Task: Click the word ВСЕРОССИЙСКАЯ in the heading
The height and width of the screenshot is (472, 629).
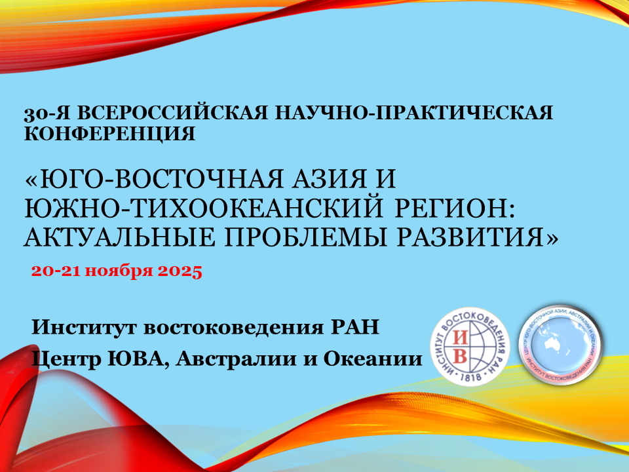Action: pyautogui.click(x=172, y=113)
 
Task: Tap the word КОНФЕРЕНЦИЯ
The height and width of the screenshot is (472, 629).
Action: pyautogui.click(x=110, y=133)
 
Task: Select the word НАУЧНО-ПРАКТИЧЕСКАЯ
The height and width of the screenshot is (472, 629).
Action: pyautogui.click(x=413, y=113)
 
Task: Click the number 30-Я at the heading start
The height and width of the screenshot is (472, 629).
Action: pyautogui.click(x=47, y=113)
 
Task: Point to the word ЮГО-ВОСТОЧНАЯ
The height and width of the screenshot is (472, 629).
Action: pyautogui.click(x=155, y=178)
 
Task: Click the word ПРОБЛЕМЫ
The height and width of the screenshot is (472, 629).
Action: pyautogui.click(x=306, y=237)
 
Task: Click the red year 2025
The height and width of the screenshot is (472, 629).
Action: pyautogui.click(x=180, y=271)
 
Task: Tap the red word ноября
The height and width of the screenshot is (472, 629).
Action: pyautogui.click(x=119, y=272)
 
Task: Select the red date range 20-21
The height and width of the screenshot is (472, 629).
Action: pyautogui.click(x=56, y=271)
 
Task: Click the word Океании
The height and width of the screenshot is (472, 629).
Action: pyautogui.click(x=373, y=359)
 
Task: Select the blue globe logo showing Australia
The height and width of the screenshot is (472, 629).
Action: pyautogui.click(x=560, y=345)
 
